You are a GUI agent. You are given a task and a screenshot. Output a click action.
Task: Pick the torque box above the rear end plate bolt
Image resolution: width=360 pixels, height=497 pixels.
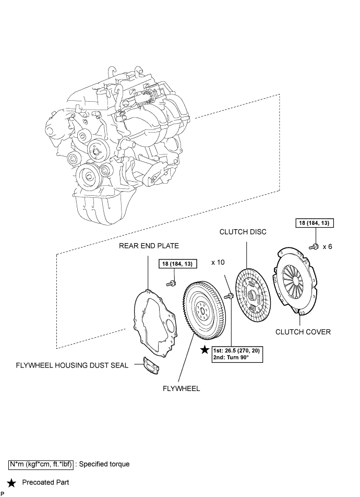(176, 264)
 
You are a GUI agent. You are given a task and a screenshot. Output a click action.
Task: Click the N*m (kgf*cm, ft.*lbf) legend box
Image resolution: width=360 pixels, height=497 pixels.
(40, 463)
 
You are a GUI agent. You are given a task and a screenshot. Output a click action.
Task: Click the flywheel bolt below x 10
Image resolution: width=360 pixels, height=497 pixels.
(229, 297)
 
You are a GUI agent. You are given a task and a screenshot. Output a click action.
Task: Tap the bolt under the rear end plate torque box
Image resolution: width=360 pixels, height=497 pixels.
(170, 283)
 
